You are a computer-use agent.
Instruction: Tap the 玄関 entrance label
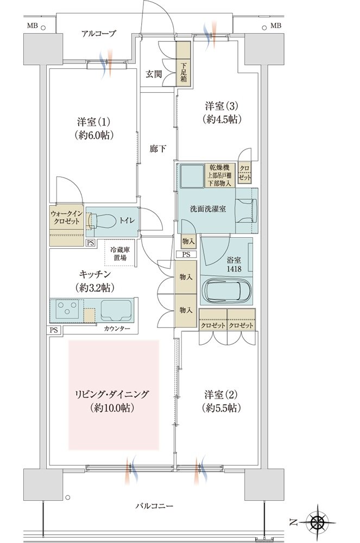[154, 74]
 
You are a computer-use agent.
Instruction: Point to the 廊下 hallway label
[158, 149]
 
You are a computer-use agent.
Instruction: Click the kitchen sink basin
[116, 310]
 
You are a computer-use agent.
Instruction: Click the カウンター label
[117, 329]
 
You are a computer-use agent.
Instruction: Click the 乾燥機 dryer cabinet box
[220, 175]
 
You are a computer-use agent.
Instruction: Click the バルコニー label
[154, 506]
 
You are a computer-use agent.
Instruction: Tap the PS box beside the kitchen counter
[54, 330]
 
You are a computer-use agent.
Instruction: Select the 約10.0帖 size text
[114, 408]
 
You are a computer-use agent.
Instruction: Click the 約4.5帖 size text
[222, 119]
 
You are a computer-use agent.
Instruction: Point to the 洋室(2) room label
[220, 394]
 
